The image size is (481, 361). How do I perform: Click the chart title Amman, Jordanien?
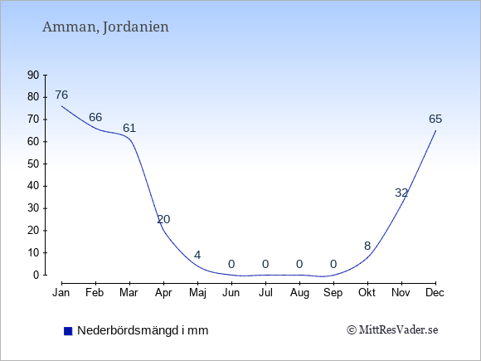(x=105, y=27)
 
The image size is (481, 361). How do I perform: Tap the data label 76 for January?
(x=61, y=95)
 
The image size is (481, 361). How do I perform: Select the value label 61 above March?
(x=129, y=128)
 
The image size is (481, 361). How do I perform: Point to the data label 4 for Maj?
(x=197, y=255)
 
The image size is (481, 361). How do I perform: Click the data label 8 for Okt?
(x=367, y=246)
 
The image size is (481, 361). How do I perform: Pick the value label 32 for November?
(x=401, y=193)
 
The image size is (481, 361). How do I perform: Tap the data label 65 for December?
(x=435, y=119)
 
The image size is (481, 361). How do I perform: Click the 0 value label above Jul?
(x=265, y=264)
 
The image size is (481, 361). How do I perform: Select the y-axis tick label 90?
(x=33, y=75)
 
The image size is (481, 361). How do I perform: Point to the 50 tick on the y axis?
(x=33, y=164)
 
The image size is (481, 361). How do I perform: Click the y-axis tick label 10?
(x=33, y=253)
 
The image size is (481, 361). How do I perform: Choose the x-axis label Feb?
(x=95, y=293)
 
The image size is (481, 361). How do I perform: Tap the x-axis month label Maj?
(x=197, y=293)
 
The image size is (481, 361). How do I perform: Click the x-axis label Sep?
(x=333, y=293)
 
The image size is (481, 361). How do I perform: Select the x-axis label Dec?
(x=435, y=293)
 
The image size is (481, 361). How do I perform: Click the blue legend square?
(x=68, y=331)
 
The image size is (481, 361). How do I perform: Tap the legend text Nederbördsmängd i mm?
(x=143, y=330)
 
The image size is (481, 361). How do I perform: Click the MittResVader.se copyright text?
(x=392, y=330)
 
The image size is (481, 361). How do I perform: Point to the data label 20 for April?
(x=163, y=219)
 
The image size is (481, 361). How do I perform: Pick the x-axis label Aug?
(x=299, y=293)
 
